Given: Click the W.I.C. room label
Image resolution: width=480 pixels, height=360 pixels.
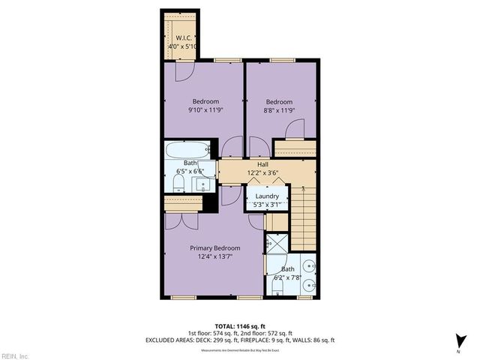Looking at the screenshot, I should pyautogui.click(x=184, y=37).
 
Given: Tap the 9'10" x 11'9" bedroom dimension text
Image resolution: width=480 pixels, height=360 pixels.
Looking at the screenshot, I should pyautogui.click(x=205, y=110).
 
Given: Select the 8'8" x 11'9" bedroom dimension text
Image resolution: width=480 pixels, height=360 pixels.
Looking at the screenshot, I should pyautogui.click(x=279, y=110).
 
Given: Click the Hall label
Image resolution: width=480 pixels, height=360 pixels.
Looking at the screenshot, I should pyautogui.click(x=262, y=164).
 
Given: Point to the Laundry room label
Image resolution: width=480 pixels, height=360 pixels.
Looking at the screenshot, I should pyautogui.click(x=267, y=196).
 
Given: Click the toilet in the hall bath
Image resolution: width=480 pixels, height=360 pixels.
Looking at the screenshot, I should pyautogui.click(x=178, y=183).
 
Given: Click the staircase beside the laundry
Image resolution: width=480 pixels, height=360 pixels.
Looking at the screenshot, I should pyautogui.click(x=304, y=217).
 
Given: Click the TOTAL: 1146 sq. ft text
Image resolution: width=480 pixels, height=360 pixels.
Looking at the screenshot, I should pyautogui.click(x=239, y=325).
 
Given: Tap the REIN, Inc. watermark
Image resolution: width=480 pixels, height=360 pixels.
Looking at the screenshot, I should pyautogui.click(x=15, y=355).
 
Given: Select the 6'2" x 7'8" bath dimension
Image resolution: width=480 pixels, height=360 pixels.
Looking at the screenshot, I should pyautogui.click(x=288, y=277).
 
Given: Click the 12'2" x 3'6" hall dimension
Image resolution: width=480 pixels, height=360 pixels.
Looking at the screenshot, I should pyautogui.click(x=262, y=173).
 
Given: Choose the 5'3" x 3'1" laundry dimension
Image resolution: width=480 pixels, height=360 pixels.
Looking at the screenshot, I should pyautogui.click(x=267, y=205).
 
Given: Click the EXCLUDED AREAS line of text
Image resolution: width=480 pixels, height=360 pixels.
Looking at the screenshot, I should pyautogui.click(x=239, y=340).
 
